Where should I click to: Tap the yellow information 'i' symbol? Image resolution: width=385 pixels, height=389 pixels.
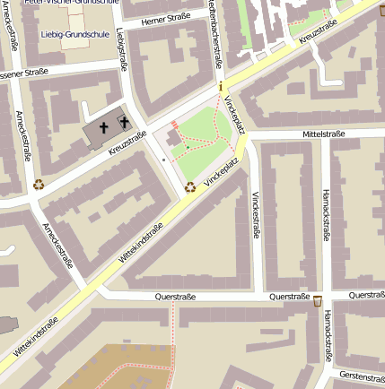[221, 87]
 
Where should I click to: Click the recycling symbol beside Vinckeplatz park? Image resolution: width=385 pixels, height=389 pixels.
[189, 187]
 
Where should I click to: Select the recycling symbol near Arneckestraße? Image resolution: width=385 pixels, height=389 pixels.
[39, 185]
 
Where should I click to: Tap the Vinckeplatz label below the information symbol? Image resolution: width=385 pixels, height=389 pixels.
[235, 113]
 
